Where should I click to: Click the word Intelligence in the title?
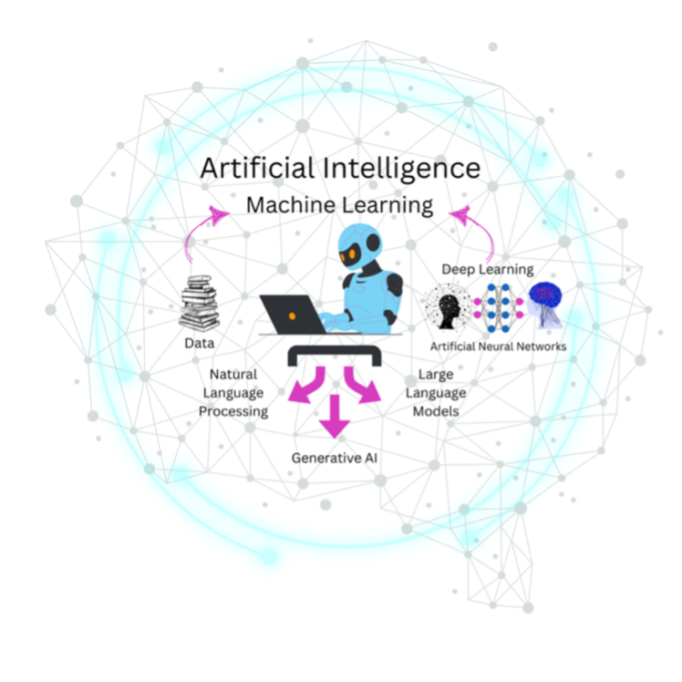tap(394, 169)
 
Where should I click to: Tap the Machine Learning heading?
tap(339, 205)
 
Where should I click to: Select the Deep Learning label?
tap(488, 269)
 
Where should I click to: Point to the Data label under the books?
tap(199, 344)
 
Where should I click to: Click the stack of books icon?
tap(199, 303)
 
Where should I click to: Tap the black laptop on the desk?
tap(293, 314)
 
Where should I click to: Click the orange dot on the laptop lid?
tap(292, 315)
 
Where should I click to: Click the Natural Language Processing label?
tap(234, 392)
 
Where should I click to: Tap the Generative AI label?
tap(334, 457)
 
